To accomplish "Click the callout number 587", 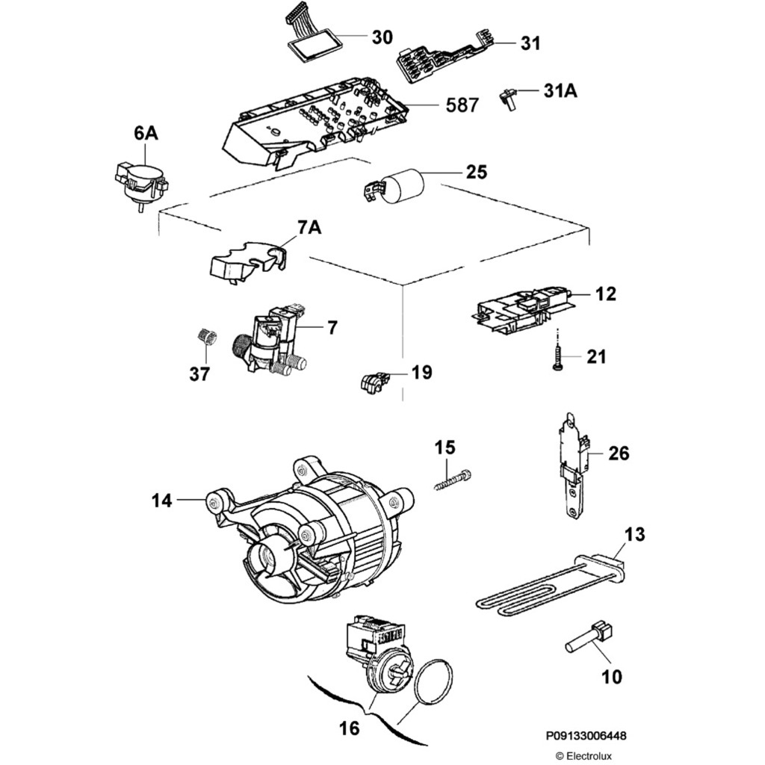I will click(x=462, y=105).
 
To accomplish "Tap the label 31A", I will click(x=560, y=91).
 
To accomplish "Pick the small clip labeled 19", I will click(x=371, y=382).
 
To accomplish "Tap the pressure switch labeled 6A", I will click(x=138, y=182).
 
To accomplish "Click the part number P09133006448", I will click(x=586, y=736).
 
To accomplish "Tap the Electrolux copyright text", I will click(x=583, y=755).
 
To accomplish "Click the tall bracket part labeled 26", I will click(x=573, y=463).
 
